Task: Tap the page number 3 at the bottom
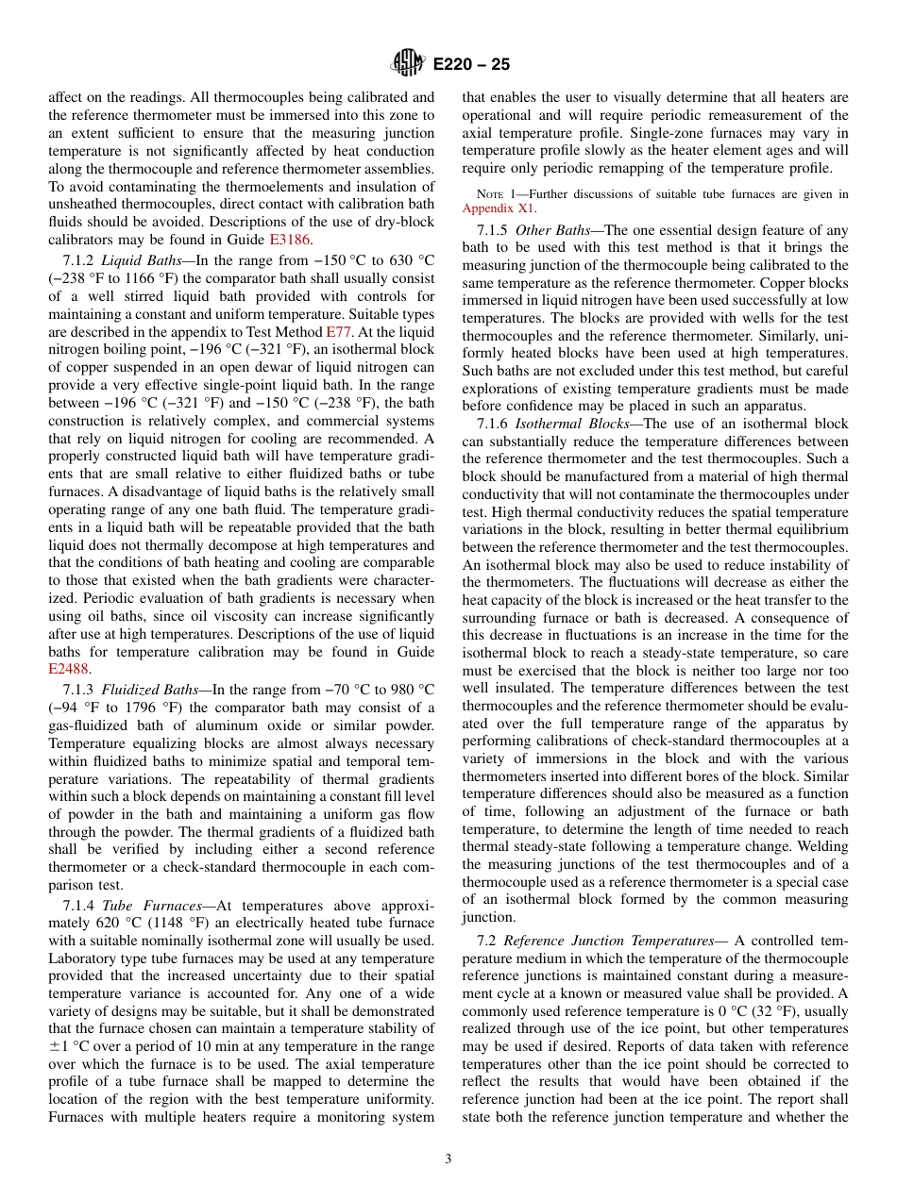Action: (448, 1159)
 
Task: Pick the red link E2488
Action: (69, 669)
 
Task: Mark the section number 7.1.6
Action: (494, 423)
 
